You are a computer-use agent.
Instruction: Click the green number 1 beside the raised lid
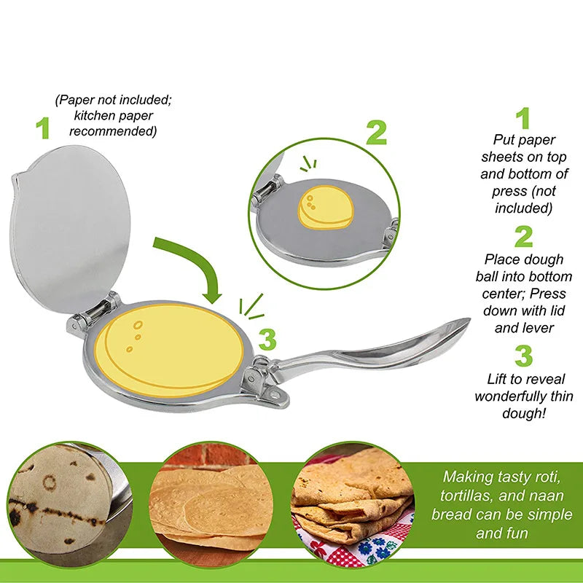(44, 128)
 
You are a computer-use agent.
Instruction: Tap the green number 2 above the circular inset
(376, 132)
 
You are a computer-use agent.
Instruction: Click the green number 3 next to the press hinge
(267, 340)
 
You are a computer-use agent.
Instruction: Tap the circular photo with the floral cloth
(353, 503)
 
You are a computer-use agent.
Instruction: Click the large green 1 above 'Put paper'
(523, 118)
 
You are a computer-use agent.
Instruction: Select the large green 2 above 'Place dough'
(523, 237)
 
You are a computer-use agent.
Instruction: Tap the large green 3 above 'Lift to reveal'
(523, 356)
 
